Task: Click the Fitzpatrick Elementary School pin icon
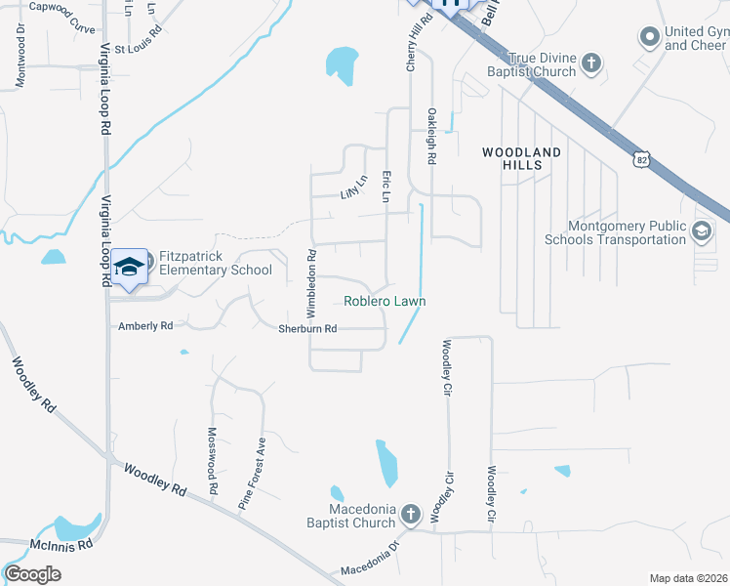(x=129, y=267)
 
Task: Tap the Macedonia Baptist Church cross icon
(x=411, y=514)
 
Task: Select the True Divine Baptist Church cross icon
(x=590, y=65)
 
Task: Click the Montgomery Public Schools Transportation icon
(x=701, y=231)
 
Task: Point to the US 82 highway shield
(x=640, y=157)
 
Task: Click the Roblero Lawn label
(x=385, y=302)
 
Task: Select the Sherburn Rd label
(x=307, y=329)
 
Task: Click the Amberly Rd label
(x=145, y=325)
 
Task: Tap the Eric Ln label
(x=386, y=188)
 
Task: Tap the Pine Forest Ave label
(x=253, y=474)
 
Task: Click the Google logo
(x=32, y=574)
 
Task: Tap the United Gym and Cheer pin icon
(x=650, y=38)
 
